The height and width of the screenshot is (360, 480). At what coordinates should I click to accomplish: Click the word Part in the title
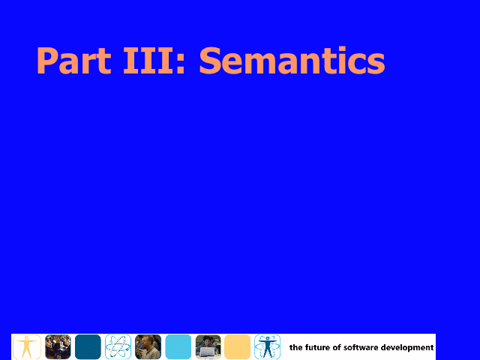click(73, 60)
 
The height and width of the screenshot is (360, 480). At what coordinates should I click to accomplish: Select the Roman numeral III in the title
click(145, 60)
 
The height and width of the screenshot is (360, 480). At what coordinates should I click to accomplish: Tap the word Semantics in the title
click(292, 60)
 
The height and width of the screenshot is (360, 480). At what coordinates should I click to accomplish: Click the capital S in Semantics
click(211, 60)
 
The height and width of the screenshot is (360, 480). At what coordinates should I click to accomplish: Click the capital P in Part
click(47, 60)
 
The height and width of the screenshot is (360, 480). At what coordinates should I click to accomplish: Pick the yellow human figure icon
click(27, 346)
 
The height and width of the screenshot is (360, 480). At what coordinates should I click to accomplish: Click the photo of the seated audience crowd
click(58, 346)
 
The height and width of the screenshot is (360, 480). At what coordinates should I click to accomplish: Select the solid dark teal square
click(88, 346)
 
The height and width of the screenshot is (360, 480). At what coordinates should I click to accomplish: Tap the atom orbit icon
click(118, 346)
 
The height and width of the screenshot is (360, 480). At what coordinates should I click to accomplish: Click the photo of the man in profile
click(148, 346)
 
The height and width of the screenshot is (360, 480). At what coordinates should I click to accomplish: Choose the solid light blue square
click(178, 346)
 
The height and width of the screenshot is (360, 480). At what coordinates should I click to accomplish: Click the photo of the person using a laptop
click(208, 346)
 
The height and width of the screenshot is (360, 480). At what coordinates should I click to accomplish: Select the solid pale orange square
click(237, 346)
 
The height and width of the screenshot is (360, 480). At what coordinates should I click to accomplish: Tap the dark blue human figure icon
click(267, 346)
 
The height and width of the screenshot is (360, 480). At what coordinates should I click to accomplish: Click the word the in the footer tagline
click(296, 347)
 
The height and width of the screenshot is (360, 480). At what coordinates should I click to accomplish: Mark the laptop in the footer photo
click(208, 352)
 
